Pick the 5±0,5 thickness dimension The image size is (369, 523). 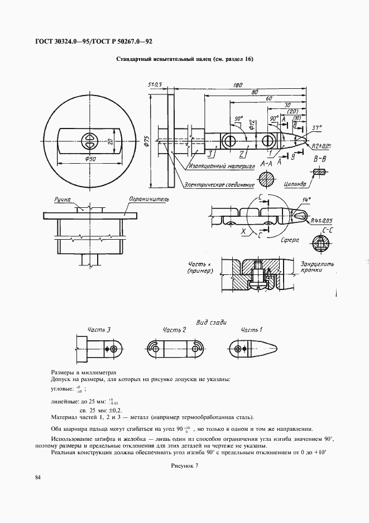click(x=155, y=84)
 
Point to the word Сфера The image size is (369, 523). click(x=290, y=240)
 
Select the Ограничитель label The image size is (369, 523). click(x=149, y=198)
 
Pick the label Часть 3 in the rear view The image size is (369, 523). click(x=99, y=330)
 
